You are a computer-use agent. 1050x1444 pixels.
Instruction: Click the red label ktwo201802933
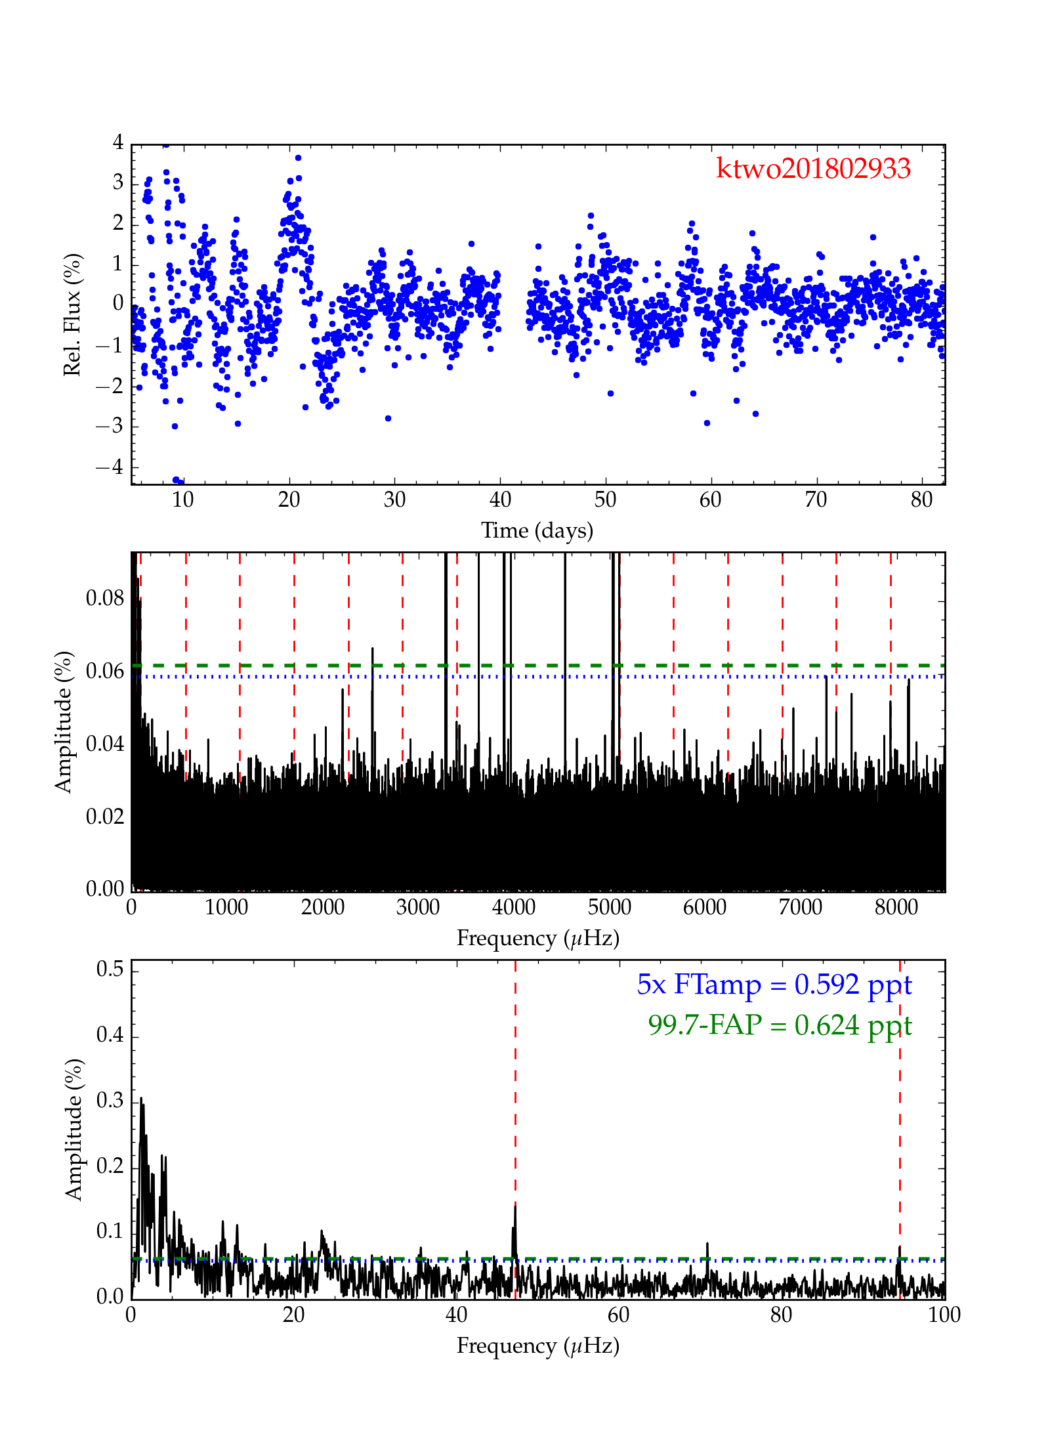[x=813, y=169]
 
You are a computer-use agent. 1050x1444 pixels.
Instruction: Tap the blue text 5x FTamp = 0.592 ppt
[x=774, y=985]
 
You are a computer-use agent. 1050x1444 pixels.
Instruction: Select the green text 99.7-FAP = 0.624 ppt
[x=780, y=1025]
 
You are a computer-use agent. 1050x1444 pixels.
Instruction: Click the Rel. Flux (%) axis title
[x=72, y=314]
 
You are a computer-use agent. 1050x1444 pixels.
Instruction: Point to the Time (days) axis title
[x=537, y=530]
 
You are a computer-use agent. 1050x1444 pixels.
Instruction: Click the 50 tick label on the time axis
[x=605, y=500]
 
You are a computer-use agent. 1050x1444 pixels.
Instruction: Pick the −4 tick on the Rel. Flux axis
[x=109, y=467]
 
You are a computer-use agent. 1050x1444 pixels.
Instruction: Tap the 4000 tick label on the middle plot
[x=514, y=908]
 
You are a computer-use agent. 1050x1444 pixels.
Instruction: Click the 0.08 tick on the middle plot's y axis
[x=105, y=599]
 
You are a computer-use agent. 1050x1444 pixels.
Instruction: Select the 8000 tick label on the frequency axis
[x=896, y=908]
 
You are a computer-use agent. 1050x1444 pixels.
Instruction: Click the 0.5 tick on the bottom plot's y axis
[x=110, y=969]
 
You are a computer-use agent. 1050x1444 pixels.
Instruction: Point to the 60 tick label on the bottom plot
[x=618, y=1315]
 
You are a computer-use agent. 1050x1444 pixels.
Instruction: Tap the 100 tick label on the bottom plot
[x=944, y=1315]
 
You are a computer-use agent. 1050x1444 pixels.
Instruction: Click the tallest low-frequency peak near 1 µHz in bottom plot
[x=141, y=1099]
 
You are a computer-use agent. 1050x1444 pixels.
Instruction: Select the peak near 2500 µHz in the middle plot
[x=373, y=648]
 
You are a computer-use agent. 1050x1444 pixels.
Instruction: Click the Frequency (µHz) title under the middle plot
[x=537, y=939]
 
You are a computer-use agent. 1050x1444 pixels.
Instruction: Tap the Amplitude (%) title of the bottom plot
[x=73, y=1129]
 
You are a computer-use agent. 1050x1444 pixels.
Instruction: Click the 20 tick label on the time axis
[x=289, y=500]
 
